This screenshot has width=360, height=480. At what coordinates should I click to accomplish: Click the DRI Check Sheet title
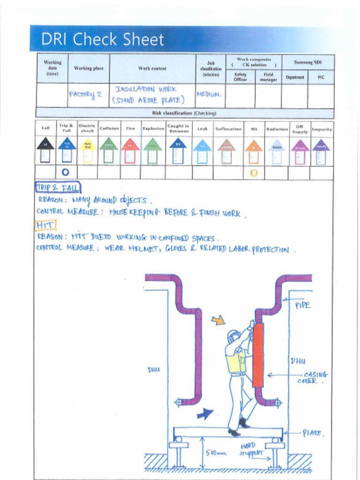(103, 39)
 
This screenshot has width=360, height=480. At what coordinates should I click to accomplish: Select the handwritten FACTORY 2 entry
(85, 94)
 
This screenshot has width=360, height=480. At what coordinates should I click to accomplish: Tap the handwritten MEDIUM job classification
(209, 94)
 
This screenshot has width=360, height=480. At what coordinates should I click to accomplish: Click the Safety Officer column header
(240, 77)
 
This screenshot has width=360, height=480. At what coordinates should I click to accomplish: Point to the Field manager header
(268, 77)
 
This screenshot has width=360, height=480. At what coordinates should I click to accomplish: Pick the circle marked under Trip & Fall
(66, 172)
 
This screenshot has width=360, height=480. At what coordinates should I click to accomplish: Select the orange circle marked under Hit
(254, 172)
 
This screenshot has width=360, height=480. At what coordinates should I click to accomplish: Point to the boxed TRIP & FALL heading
(58, 188)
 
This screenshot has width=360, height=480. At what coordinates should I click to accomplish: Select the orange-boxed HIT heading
(45, 225)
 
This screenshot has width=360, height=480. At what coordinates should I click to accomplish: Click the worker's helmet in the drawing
(233, 335)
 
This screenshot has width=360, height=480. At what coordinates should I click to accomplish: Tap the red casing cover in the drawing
(258, 354)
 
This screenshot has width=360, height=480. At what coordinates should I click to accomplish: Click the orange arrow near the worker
(218, 320)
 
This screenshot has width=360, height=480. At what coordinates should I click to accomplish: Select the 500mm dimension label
(216, 453)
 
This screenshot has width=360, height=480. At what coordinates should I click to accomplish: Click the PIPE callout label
(302, 305)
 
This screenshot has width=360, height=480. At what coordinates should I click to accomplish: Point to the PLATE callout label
(313, 433)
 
